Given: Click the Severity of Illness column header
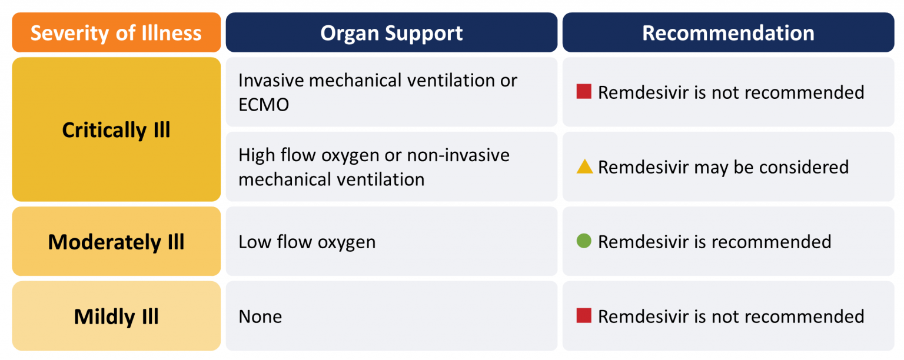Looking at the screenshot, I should [116, 33].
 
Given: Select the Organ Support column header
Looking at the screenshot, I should [391, 33].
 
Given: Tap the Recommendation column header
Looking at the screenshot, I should [728, 33].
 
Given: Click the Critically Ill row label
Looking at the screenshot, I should [116, 129].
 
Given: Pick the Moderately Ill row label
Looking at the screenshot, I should [116, 242].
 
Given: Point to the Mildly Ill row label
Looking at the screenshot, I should [116, 316].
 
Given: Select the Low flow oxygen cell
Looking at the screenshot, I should [307, 242].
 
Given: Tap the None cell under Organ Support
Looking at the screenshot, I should [260, 316].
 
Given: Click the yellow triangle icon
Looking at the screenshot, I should [584, 167].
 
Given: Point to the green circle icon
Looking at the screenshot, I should [584, 241].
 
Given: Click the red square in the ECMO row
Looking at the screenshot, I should [584, 92].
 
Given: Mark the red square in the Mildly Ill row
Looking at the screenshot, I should [584, 316].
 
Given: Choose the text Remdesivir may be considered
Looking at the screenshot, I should [723, 167].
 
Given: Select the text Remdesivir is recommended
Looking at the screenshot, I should [714, 242].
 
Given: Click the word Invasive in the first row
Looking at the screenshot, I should [271, 80].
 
